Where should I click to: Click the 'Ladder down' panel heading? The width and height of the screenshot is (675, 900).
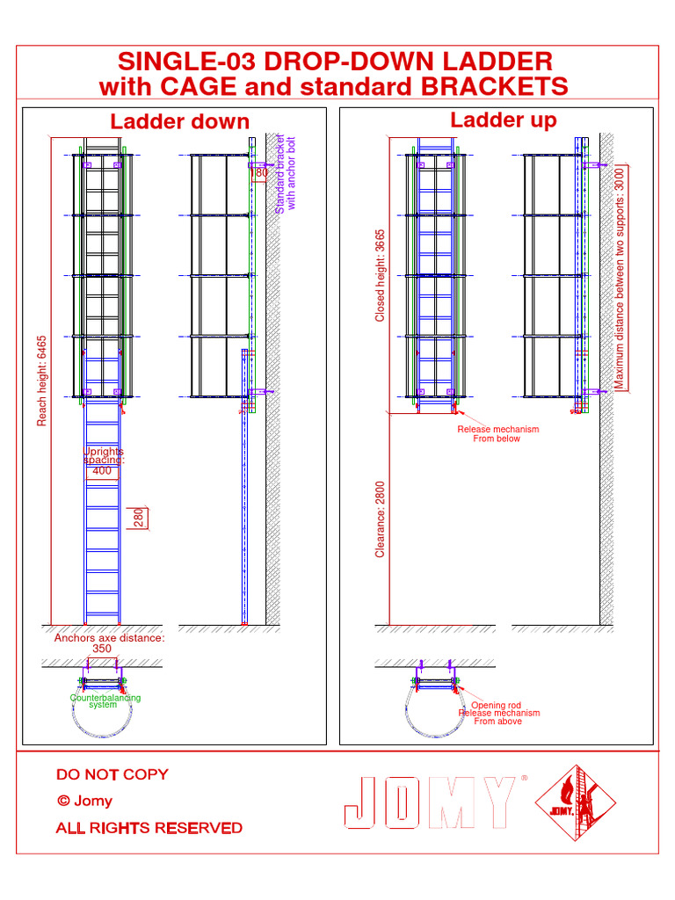179,121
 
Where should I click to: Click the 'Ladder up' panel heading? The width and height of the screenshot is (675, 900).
503,120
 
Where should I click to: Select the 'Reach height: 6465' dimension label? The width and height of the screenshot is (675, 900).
41,380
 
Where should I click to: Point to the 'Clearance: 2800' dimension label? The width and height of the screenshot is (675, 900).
381,518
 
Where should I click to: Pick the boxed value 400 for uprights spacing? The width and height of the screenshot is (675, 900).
103,471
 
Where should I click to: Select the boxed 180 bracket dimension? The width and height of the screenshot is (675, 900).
260,173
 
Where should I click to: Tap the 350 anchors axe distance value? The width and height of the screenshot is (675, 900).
102,649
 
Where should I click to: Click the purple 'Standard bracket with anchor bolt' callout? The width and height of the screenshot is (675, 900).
286,174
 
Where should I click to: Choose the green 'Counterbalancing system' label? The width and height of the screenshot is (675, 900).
105,700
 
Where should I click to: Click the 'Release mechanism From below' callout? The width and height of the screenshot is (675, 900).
497,433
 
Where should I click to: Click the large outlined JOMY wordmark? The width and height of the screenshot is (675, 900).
429,802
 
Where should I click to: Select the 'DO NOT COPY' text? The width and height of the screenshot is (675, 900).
112,774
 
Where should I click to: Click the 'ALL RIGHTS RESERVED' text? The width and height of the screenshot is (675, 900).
149,828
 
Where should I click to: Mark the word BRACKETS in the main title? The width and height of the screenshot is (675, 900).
493,86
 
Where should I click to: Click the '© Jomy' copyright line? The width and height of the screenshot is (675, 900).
84,801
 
